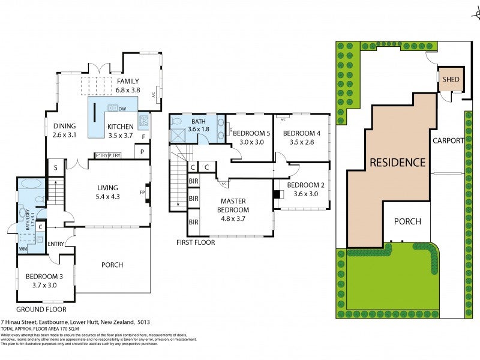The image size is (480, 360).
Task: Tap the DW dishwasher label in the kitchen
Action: tap(122, 109)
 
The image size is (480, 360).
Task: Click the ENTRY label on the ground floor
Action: tap(55, 244)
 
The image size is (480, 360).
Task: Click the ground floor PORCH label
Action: tap(112, 265)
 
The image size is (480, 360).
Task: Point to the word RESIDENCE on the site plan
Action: tap(397, 162)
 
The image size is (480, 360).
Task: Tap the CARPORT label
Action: tap(448, 140)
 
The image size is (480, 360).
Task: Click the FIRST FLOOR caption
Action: tap(196, 243)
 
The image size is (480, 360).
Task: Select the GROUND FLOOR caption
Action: tap(41, 310)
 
